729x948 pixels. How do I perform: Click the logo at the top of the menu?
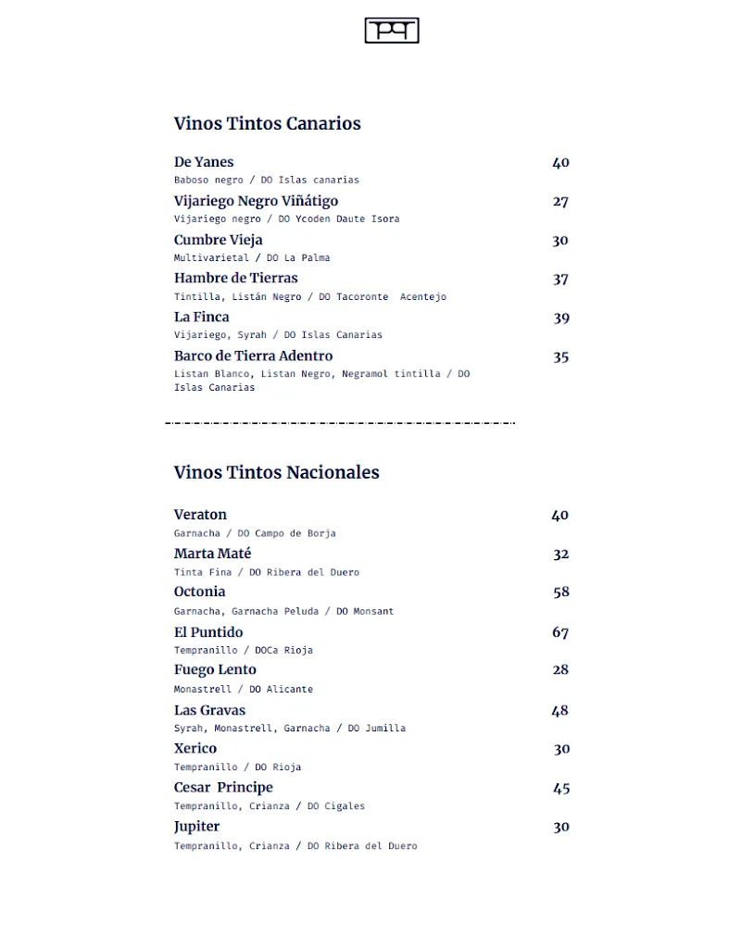[x=392, y=31]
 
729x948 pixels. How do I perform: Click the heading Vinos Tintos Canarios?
[x=267, y=123]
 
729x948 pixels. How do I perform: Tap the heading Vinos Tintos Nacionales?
[x=276, y=472]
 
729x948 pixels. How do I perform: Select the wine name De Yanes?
[x=204, y=162]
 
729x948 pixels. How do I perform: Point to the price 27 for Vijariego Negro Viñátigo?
[x=560, y=202]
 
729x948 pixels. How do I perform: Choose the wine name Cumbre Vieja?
[x=218, y=240]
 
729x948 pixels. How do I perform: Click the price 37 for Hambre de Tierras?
[x=560, y=280]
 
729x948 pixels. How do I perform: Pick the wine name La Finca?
[x=201, y=317]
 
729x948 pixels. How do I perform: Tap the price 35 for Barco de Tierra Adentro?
[x=560, y=357]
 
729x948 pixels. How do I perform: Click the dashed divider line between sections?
[x=340, y=423]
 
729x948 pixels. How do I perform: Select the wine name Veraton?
[x=200, y=515]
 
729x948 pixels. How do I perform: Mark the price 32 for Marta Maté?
[x=560, y=555]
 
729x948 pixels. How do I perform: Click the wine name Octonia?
[x=199, y=592]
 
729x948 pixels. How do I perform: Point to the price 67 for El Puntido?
[x=560, y=633]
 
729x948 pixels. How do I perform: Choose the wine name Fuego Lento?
[x=215, y=669]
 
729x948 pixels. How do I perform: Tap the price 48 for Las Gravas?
[x=559, y=711]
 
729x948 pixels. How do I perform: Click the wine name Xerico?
[x=195, y=748]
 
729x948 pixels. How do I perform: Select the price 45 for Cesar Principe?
[x=560, y=789]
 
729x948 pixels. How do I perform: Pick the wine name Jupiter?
[x=196, y=826]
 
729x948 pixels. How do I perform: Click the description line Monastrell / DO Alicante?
[x=243, y=689]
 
